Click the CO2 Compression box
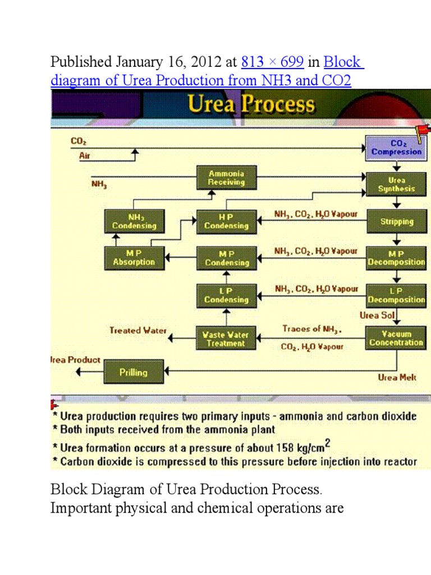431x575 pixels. [x=396, y=148]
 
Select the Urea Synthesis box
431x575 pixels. [x=396, y=185]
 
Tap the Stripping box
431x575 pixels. [x=397, y=221]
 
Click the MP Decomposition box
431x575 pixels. [x=396, y=258]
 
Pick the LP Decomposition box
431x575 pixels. [x=396, y=295]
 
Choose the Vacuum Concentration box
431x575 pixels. [x=396, y=338]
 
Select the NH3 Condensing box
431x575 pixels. [x=134, y=221]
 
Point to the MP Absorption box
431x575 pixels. [x=134, y=258]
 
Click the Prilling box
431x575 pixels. [x=134, y=372]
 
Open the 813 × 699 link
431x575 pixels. [x=272, y=62]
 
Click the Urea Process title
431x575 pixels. [x=251, y=105]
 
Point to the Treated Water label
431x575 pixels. [x=138, y=331]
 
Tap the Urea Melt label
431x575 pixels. [x=397, y=377]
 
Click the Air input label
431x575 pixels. [x=84, y=157]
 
